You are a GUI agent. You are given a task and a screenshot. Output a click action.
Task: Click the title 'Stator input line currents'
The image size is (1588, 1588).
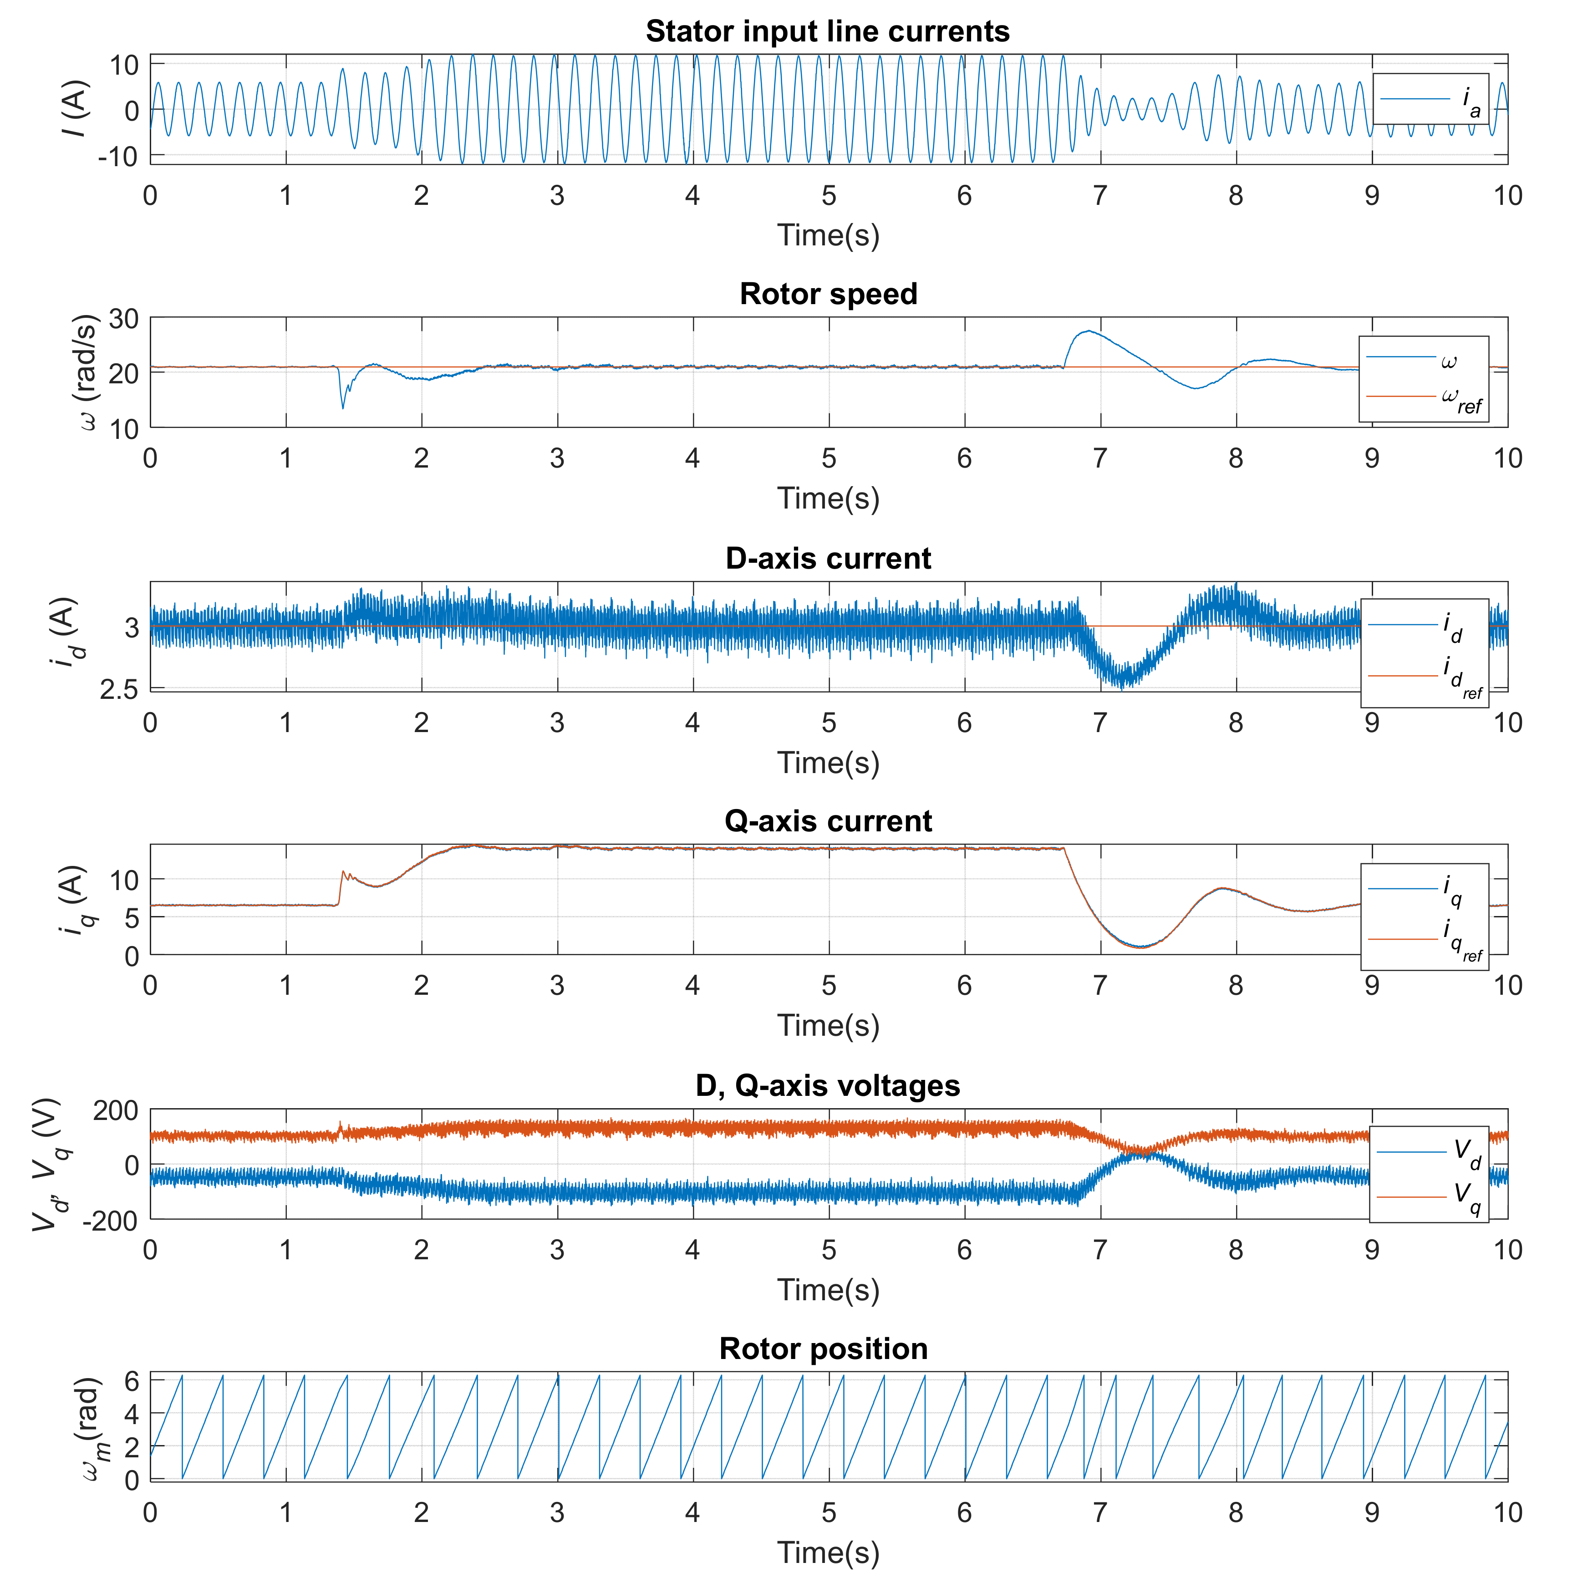[x=828, y=31]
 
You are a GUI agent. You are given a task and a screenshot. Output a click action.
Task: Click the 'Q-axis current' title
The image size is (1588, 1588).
[x=828, y=822]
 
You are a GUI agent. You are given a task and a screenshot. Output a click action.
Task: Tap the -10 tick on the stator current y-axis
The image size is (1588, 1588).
[x=117, y=156]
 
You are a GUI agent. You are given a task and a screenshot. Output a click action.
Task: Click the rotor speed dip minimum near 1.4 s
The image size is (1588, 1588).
[x=343, y=407]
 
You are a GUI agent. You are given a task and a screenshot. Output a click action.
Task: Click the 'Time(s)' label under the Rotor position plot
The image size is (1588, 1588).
[x=828, y=1552]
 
